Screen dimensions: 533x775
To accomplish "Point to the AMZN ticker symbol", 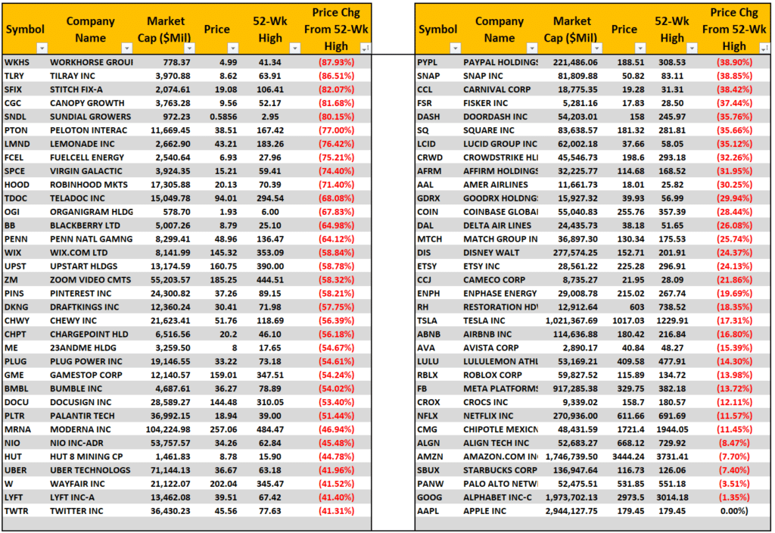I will [430, 457].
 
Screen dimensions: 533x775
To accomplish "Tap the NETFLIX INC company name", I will [487, 416].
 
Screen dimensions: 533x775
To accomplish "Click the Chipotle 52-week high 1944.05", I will [672, 430].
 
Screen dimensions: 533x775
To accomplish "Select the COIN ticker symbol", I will [428, 212].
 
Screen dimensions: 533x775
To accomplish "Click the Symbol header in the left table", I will [20, 30].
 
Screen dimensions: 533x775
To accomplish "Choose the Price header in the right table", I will [624, 30].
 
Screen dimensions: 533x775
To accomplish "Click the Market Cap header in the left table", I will [166, 30].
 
